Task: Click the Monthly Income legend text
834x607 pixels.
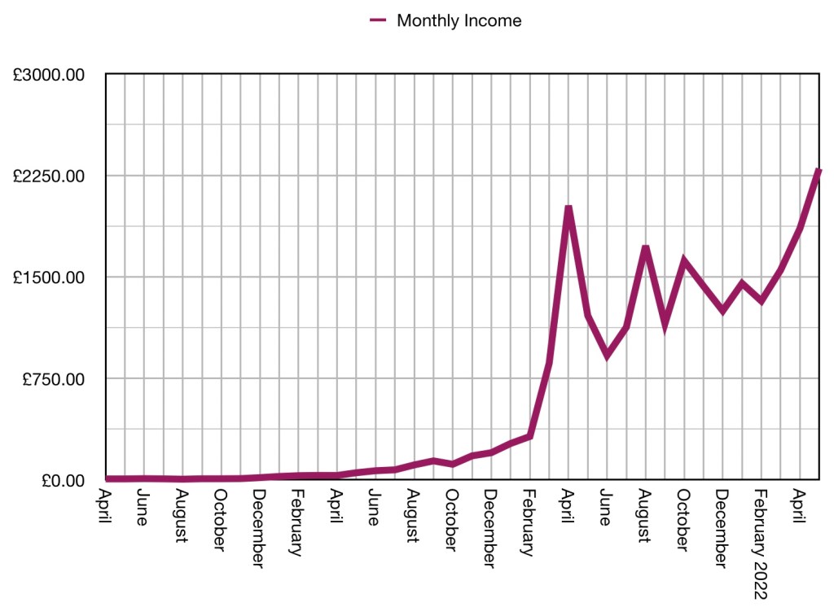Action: [459, 21]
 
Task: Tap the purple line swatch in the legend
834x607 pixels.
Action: [378, 21]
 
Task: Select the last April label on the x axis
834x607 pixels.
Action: [799, 506]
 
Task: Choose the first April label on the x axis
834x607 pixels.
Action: [105, 506]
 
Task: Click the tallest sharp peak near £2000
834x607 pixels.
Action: [568, 208]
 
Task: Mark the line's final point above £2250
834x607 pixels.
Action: [819, 171]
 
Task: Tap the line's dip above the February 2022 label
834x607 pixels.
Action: [761, 300]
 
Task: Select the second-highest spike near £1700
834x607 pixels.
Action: [646, 247]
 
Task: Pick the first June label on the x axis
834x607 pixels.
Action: [143, 506]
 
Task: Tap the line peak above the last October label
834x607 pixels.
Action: [683, 260]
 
